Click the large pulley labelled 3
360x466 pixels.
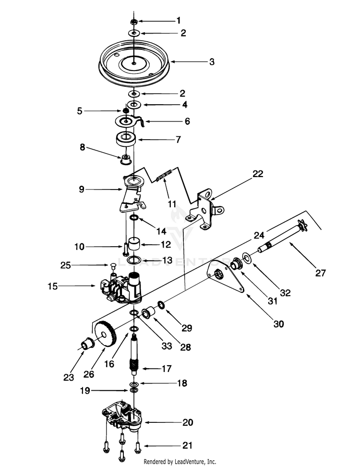[134, 63]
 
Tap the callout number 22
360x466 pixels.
[258, 174]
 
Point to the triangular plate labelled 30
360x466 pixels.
[228, 276]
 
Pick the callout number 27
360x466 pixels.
[321, 273]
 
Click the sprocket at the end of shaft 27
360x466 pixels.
[302, 225]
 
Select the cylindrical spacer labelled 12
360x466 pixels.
[134, 244]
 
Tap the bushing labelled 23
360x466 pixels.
[88, 344]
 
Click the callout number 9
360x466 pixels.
[82, 189]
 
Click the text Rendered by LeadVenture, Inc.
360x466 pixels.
[180, 461]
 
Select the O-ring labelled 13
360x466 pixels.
[134, 260]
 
